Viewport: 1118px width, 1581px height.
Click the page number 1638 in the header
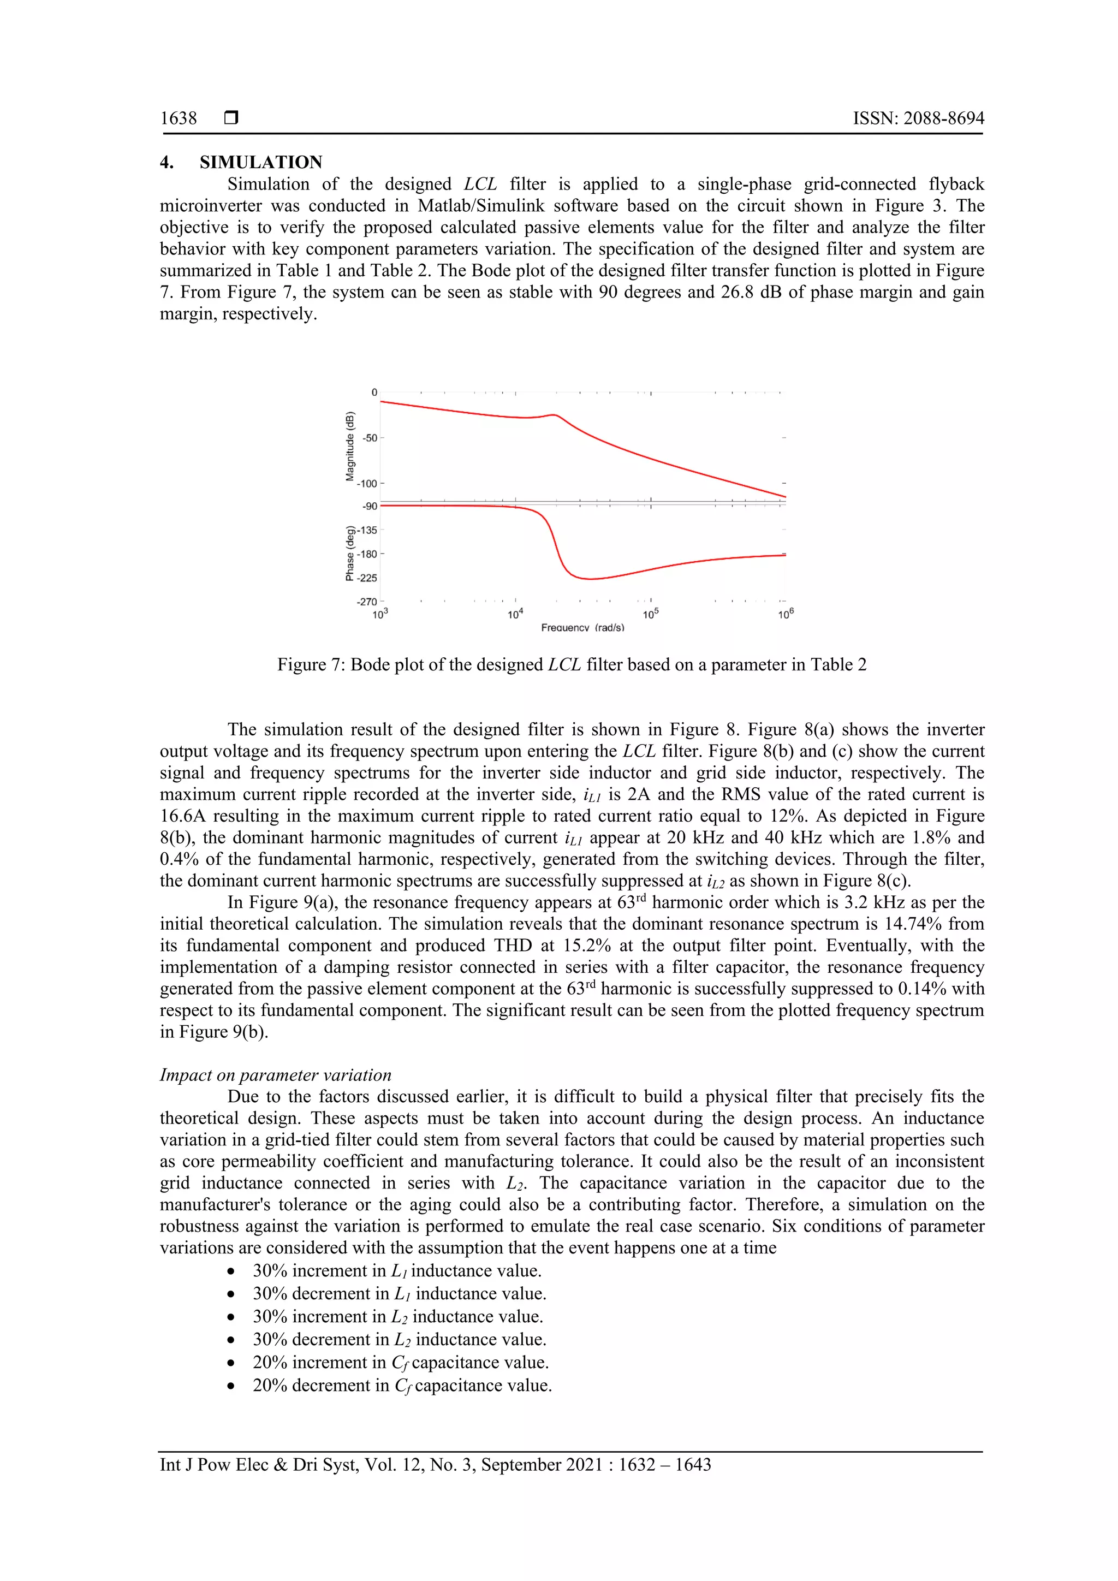coord(179,118)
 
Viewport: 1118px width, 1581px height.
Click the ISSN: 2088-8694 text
coord(918,118)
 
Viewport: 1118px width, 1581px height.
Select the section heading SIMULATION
coord(261,163)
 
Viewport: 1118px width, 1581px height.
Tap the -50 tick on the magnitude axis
coord(370,438)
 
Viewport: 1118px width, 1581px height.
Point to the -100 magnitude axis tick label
coord(367,483)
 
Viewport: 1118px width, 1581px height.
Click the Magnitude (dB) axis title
coord(350,446)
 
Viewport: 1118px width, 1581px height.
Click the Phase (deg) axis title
coord(350,554)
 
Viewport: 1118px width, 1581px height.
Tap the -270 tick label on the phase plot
coord(367,602)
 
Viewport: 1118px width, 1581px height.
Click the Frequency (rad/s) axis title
coord(582,628)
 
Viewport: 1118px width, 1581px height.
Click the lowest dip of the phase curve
coord(590,579)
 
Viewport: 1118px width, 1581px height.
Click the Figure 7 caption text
coord(572,665)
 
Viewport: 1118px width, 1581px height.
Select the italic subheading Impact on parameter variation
coord(275,1075)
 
